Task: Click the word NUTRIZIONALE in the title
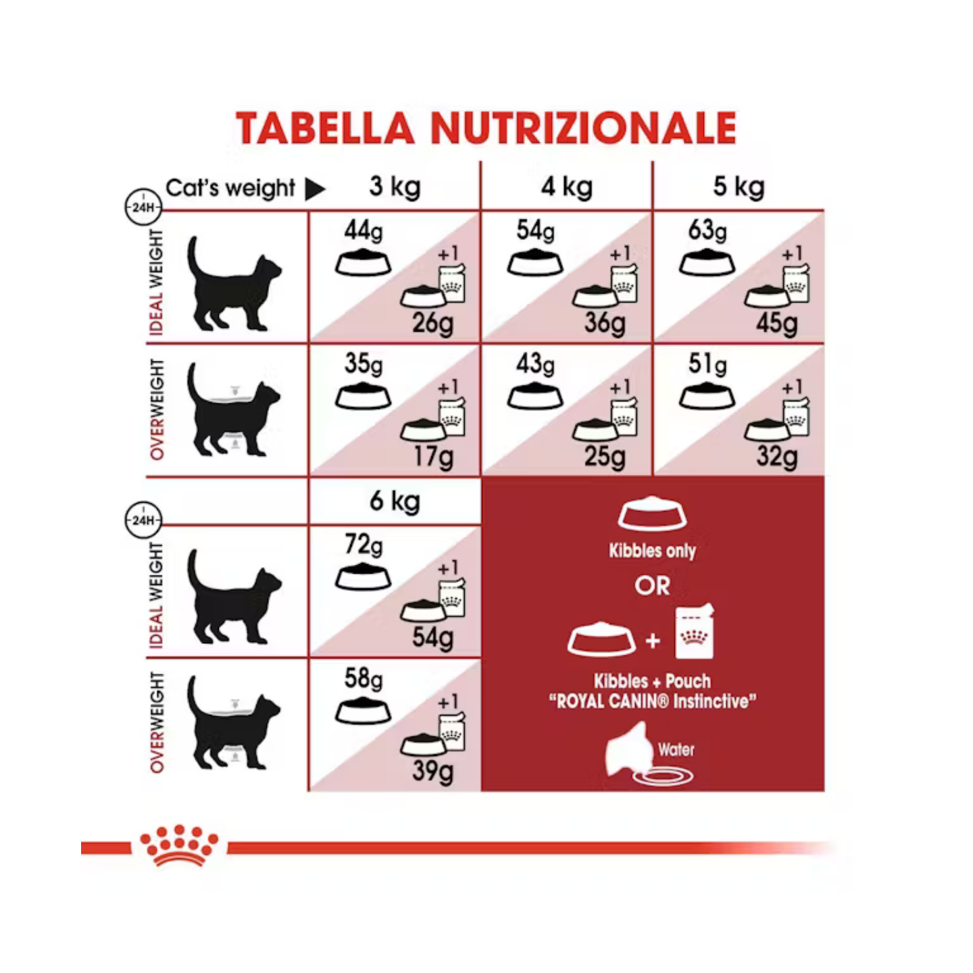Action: point(584,128)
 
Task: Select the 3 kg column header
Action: point(395,187)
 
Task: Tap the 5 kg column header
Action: point(739,187)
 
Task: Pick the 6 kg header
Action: point(395,502)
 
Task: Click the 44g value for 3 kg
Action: point(364,232)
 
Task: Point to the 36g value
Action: point(604,324)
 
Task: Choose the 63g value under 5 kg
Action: point(707,232)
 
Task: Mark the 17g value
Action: point(433,457)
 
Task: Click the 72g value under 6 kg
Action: point(364,546)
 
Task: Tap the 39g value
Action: point(433,772)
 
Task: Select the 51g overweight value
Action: point(707,365)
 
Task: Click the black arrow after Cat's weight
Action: point(315,190)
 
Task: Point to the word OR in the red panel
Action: point(652,587)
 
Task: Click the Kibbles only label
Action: point(652,551)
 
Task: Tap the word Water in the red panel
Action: point(676,750)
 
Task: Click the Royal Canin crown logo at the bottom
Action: point(179,846)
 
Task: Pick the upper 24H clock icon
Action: point(143,207)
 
